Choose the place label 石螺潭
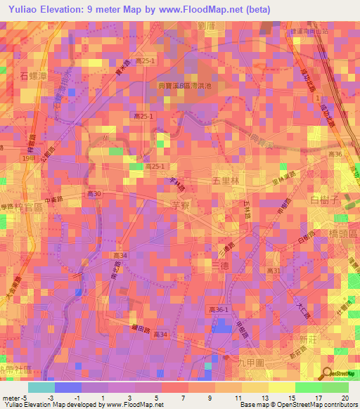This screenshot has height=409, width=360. (33, 74)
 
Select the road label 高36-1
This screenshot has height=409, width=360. (219, 309)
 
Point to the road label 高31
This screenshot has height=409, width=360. (274, 271)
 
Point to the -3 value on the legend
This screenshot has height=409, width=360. (52, 398)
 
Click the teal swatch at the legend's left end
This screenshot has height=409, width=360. (41, 387)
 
